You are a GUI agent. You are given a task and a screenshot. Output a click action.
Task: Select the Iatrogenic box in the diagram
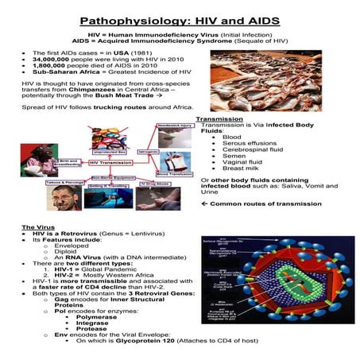(149, 148)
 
